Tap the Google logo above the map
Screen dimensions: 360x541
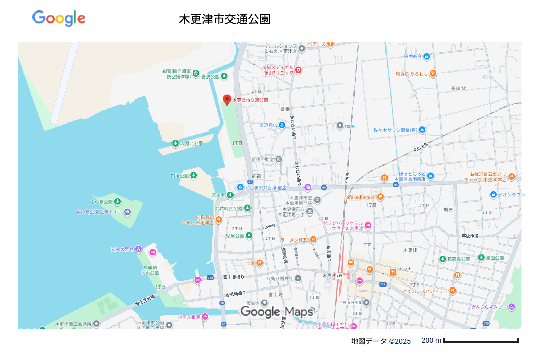[x=59, y=18]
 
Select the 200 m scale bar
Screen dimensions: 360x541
[x=481, y=341]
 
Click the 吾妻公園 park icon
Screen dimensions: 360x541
[x=224, y=76]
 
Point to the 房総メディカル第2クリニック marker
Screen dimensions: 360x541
[x=298, y=70]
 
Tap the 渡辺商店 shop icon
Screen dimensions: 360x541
[x=282, y=125]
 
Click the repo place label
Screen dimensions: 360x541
[x=350, y=126]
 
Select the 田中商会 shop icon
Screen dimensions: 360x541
[x=426, y=57]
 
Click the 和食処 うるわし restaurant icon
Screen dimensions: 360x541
[x=433, y=74]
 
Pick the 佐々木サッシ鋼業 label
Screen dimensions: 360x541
[x=395, y=130]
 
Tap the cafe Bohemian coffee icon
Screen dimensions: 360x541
[x=381, y=197]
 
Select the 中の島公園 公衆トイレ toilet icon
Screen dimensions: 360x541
[x=127, y=212]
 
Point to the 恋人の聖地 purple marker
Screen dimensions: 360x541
[x=139, y=249]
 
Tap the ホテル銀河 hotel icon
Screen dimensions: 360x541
[x=205, y=317]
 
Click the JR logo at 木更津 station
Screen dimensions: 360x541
[x=341, y=275]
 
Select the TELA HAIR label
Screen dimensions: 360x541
[x=351, y=303]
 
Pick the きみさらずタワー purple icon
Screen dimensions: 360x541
[x=512, y=306]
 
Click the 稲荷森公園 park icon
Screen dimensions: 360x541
[x=443, y=259]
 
